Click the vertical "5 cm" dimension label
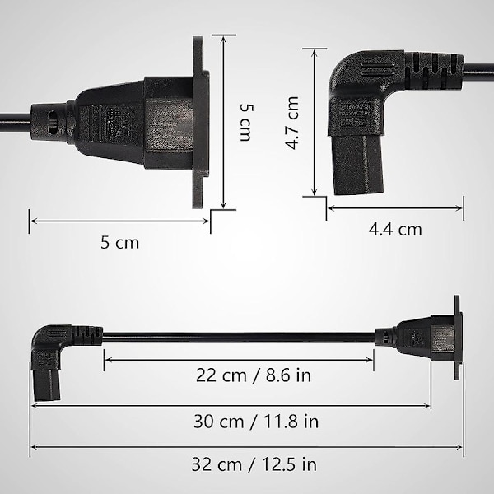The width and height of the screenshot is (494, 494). (245, 123)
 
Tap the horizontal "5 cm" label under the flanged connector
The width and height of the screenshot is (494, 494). (119, 243)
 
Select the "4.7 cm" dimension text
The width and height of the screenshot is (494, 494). (291, 123)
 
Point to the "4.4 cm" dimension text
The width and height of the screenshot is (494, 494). (395, 230)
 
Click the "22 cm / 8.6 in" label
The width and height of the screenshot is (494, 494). (254, 375)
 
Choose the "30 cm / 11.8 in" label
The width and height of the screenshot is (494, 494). (256, 422)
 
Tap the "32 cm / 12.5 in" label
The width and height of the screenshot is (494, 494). (254, 464)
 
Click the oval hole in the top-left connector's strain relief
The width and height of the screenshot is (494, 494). (53, 122)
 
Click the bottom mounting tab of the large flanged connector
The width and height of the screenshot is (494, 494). (198, 192)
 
